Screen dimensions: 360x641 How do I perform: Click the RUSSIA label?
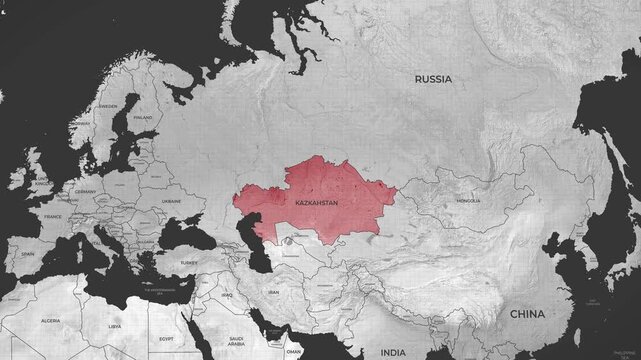point(433,78)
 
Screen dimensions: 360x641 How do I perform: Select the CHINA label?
point(527,313)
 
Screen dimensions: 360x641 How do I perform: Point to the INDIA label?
point(393,352)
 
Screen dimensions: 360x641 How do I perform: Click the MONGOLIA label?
point(467,201)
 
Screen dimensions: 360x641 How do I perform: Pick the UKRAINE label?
point(171,201)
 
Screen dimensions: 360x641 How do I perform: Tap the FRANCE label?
point(53,216)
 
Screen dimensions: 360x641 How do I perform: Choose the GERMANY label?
point(85,191)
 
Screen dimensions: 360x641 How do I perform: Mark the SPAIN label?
point(27,254)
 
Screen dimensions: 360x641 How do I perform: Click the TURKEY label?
point(189,262)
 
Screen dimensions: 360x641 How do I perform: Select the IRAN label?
point(272,292)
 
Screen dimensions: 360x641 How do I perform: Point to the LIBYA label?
point(115,326)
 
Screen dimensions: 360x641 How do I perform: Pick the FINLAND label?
point(143,116)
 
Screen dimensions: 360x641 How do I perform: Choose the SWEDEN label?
point(107,105)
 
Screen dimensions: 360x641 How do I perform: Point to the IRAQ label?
point(227,297)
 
